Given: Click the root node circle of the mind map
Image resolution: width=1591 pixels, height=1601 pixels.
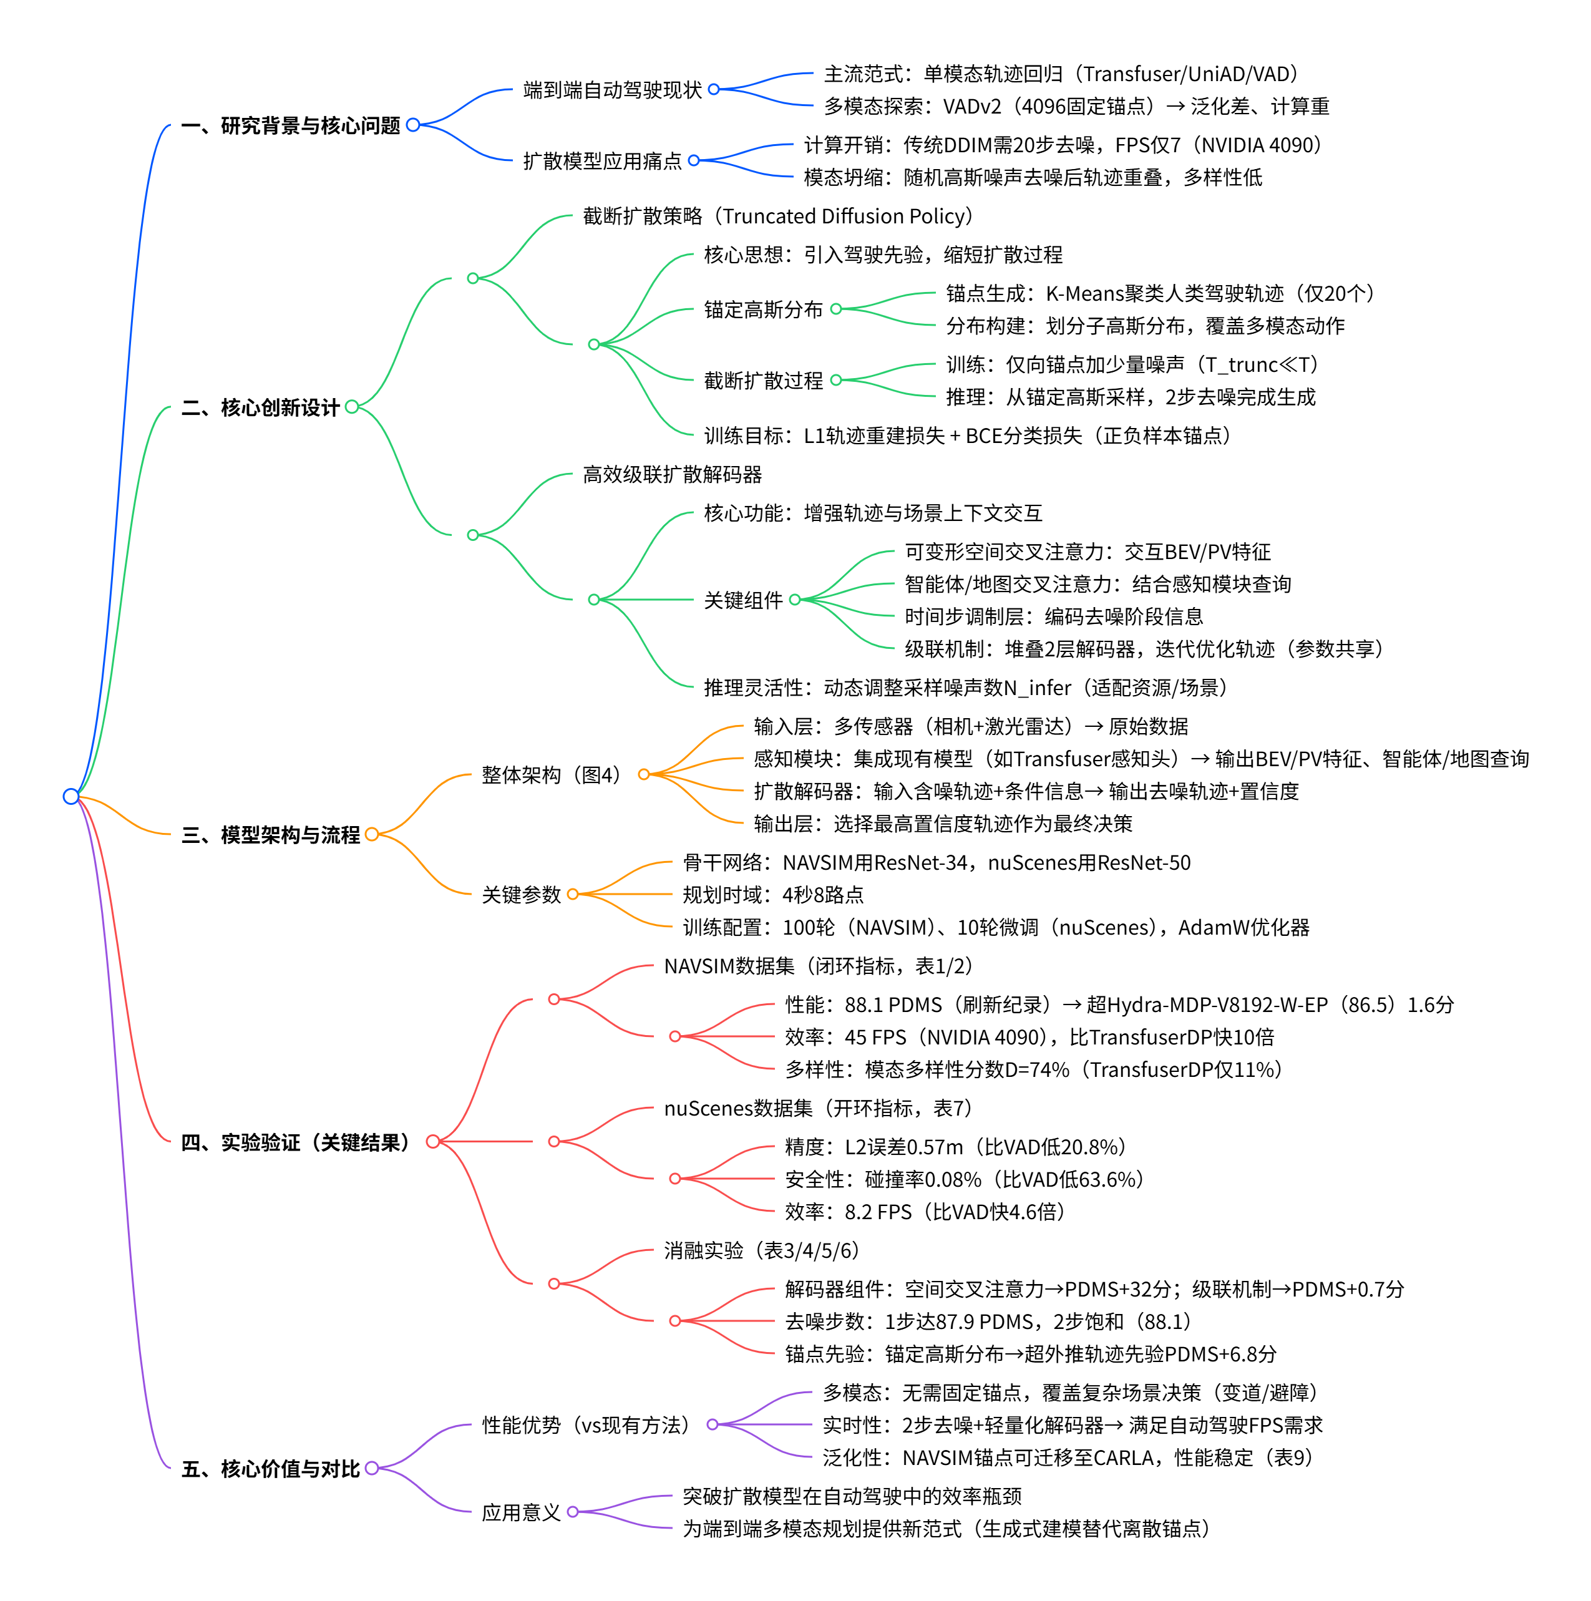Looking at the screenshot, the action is [71, 796].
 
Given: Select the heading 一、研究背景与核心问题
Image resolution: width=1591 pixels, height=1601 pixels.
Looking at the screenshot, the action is [290, 126].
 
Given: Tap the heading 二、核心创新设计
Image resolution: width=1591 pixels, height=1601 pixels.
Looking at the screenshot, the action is [260, 407].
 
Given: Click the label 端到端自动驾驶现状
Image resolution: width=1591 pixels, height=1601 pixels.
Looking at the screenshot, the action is [612, 89].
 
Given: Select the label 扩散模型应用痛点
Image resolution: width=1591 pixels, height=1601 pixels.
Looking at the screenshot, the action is [603, 161].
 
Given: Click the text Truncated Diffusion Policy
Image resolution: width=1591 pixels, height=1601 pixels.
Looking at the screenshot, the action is [844, 217].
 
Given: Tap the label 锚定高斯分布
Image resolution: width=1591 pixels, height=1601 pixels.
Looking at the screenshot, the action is [763, 310].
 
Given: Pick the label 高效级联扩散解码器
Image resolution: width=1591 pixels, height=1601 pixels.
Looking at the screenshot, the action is [672, 475].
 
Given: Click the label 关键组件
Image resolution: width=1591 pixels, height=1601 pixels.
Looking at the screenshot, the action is [743, 600].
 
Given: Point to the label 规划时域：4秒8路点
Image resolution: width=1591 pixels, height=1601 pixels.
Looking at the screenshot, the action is [773, 895].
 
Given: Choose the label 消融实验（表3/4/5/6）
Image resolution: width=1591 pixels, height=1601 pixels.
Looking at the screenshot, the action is [762, 1250].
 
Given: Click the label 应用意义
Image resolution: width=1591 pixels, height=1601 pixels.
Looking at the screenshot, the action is [521, 1512].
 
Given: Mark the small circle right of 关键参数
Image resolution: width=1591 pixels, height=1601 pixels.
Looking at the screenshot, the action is [573, 894].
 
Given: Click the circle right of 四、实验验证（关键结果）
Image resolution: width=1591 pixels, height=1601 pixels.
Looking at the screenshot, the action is [432, 1142].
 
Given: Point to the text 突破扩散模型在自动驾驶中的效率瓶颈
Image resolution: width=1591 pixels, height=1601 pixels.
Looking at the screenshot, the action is [852, 1496].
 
